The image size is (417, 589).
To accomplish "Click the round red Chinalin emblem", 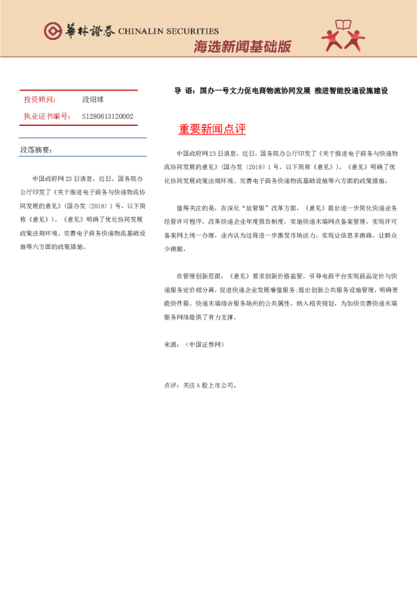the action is click(x=53, y=31).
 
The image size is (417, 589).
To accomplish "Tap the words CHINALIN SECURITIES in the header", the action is click(x=168, y=31).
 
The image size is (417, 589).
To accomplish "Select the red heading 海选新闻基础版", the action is click(x=242, y=46).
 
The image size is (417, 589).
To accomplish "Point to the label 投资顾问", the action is click(x=39, y=99).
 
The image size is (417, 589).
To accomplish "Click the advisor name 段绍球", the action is click(x=93, y=99).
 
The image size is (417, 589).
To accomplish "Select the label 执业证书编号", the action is click(x=46, y=116).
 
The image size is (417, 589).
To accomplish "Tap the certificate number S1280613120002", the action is click(x=108, y=116).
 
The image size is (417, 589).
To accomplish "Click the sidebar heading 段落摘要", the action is click(x=36, y=150).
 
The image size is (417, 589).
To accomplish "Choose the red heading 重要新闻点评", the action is click(x=212, y=129).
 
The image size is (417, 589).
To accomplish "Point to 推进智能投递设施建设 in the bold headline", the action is click(x=351, y=91).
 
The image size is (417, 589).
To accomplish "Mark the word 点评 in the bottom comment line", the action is click(x=170, y=385).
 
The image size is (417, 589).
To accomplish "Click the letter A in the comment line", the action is click(x=198, y=385).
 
